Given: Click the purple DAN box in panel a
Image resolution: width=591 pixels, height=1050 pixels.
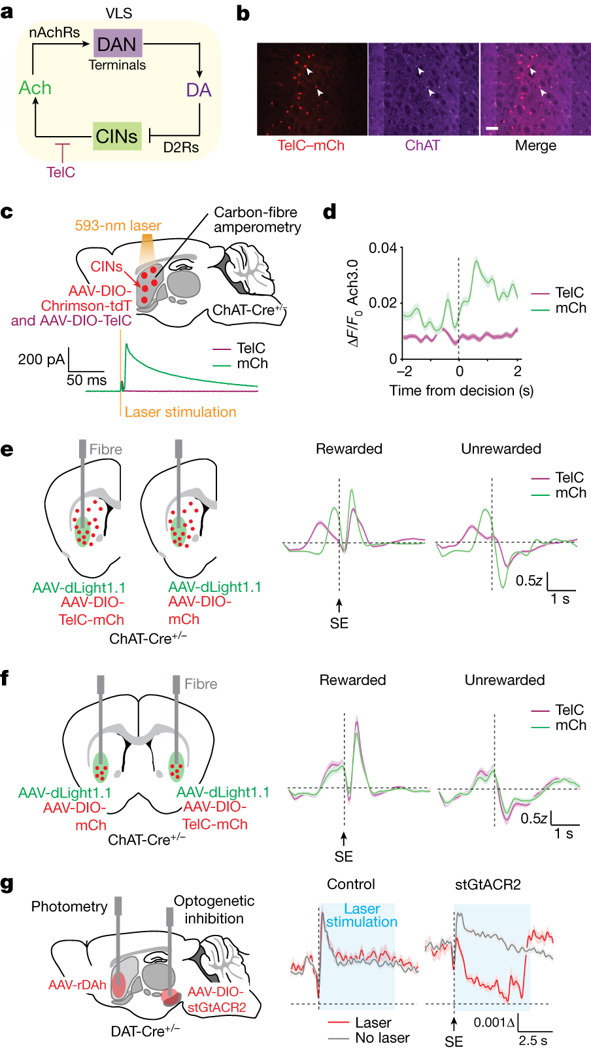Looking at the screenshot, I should click(x=118, y=43).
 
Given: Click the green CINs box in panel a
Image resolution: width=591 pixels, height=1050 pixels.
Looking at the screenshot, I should click(x=117, y=136).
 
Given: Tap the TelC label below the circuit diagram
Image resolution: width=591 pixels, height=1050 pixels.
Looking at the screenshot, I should click(x=61, y=173).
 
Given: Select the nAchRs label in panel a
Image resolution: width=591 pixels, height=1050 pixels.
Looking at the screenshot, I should click(x=54, y=32).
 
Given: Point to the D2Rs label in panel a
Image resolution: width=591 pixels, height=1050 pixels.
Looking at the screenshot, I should click(x=181, y=148).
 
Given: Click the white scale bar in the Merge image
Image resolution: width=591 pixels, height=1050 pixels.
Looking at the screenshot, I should click(x=492, y=128).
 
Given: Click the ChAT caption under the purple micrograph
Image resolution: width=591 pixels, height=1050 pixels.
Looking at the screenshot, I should click(x=422, y=145).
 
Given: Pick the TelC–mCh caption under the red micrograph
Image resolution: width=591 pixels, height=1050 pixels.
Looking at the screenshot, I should click(x=311, y=145).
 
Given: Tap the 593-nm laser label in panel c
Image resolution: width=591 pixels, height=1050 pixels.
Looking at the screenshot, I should click(x=118, y=226).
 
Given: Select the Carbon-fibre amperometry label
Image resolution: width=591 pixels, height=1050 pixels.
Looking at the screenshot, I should click(x=257, y=220).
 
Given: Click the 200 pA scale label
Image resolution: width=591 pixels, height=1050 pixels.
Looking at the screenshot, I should click(x=41, y=359).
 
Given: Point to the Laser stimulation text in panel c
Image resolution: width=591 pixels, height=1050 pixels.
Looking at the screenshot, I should click(x=180, y=412).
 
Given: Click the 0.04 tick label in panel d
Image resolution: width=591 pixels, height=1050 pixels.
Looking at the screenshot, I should click(x=382, y=248).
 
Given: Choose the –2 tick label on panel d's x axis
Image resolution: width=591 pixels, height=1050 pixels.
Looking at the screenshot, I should click(x=404, y=372).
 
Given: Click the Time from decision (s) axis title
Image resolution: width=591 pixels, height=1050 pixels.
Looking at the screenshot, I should click(x=461, y=391).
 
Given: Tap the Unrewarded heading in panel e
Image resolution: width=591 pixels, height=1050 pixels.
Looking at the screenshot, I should click(x=501, y=449).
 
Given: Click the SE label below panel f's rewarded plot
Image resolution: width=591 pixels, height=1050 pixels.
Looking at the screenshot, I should click(x=343, y=856).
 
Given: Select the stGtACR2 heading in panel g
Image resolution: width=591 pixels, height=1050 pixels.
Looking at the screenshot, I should click(x=488, y=884).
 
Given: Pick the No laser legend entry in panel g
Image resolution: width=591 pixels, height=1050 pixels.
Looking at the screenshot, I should click(x=382, y=1038).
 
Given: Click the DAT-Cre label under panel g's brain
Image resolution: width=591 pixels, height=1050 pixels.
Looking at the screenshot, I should click(x=144, y=1032).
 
